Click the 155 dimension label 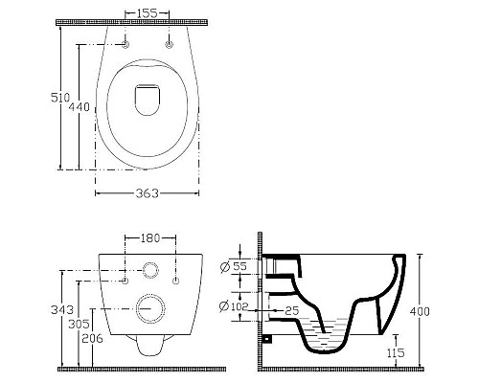(148, 13)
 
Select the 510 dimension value (60, 98)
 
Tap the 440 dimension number (80, 107)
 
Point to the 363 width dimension (147, 193)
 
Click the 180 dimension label (149, 238)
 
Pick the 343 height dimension (62, 309)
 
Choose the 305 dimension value (79, 325)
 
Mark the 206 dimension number (92, 338)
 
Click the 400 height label (420, 311)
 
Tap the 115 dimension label (396, 352)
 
